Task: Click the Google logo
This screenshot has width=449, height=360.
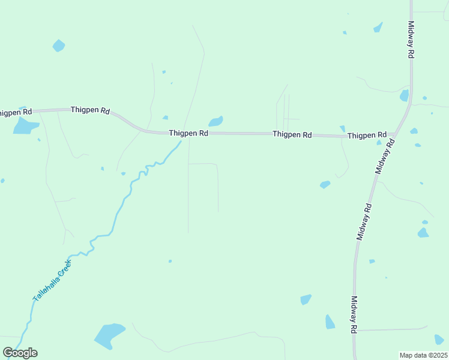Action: (20, 353)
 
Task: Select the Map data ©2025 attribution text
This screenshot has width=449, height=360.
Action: (423, 355)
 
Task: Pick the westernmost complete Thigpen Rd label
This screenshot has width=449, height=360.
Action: (90, 110)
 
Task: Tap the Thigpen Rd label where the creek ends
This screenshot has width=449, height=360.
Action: (188, 133)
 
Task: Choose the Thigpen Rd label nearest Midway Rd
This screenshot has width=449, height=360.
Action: (367, 136)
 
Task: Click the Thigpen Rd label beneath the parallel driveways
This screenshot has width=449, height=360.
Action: (292, 135)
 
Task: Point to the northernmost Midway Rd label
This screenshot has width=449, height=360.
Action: (411, 40)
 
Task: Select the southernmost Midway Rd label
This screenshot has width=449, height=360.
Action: (354, 315)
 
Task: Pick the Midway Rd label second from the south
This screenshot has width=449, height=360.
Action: (365, 222)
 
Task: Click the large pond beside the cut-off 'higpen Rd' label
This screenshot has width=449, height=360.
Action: (25, 125)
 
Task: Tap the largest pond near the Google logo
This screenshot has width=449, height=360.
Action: (109, 335)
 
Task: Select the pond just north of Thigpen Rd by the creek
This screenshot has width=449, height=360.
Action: (215, 121)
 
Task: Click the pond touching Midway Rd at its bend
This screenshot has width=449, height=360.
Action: (404, 95)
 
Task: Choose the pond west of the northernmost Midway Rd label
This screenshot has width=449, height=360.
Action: (378, 27)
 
